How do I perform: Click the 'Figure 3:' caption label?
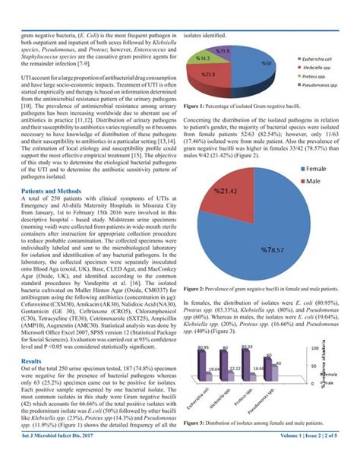pyautogui.click(x=197, y=423)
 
